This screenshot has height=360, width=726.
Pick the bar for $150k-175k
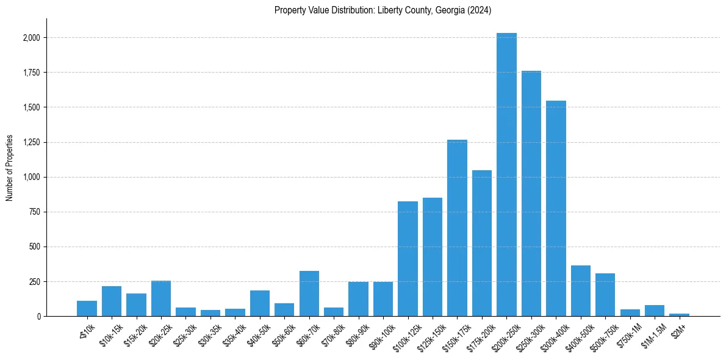457,228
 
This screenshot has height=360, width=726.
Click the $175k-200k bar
482,243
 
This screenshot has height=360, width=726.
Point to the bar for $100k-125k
408,259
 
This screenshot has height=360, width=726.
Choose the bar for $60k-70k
309,293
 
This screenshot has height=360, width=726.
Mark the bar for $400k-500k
581,291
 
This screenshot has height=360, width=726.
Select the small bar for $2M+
679,315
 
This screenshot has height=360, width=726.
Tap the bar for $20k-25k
161,298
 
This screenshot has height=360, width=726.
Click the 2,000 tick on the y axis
32,38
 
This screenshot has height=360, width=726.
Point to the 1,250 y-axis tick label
32,142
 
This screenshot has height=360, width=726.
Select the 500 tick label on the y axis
35,247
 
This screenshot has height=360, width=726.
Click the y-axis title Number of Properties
9,168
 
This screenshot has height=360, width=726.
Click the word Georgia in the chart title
448,10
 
